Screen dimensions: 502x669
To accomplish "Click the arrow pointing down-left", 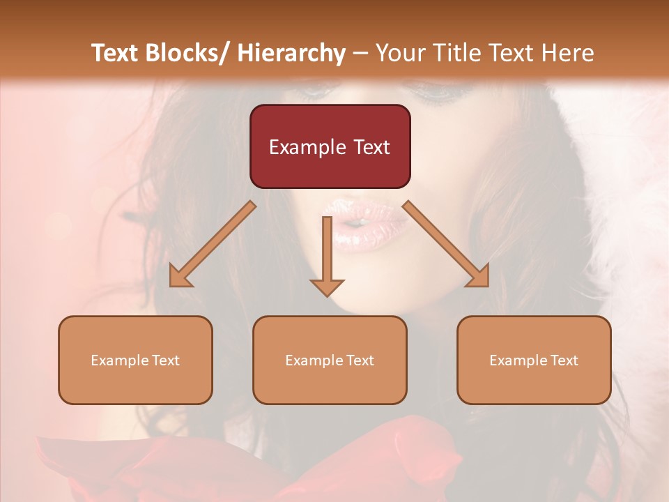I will [x=213, y=244].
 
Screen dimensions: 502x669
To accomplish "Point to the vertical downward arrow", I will [x=327, y=251].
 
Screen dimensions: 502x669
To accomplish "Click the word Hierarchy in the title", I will [x=291, y=53].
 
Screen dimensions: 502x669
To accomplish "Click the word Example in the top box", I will [x=308, y=148].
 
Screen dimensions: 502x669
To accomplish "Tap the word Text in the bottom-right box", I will [x=564, y=360].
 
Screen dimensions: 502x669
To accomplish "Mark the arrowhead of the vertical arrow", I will [x=327, y=287].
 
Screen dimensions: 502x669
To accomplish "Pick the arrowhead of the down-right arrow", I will [x=479, y=277].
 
